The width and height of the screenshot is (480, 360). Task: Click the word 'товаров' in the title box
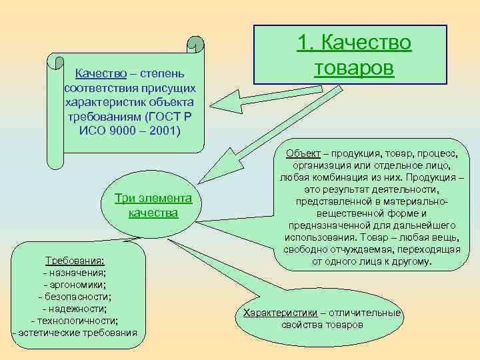click(x=354, y=69)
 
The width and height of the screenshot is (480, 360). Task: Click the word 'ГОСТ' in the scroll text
click(x=160, y=115)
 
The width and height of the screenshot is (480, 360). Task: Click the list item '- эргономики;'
click(x=74, y=285)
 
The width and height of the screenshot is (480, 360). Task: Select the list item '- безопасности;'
click(x=74, y=297)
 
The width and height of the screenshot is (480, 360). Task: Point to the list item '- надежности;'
click(x=74, y=309)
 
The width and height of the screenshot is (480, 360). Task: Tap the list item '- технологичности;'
click(x=74, y=321)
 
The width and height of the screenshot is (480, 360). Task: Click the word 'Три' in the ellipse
click(x=125, y=198)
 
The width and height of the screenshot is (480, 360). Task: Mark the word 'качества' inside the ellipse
click(x=153, y=213)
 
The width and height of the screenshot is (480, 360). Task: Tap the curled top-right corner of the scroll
click(x=195, y=44)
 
